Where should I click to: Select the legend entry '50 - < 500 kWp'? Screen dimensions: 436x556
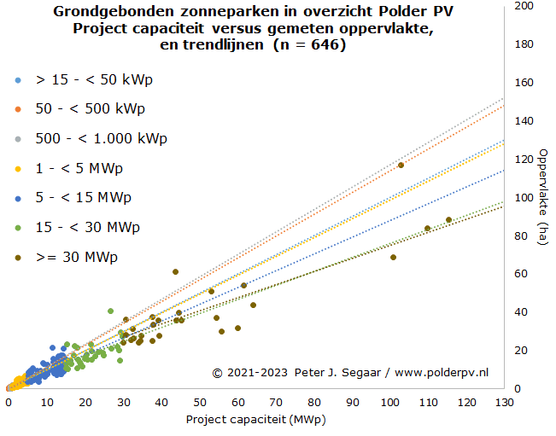[90, 109]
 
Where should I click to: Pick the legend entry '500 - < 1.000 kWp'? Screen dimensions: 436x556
[101, 138]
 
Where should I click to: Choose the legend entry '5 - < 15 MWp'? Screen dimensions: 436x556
[83, 197]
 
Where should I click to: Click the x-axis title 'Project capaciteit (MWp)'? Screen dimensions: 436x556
[256, 420]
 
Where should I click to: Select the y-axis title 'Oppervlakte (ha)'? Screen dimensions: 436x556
[542, 197]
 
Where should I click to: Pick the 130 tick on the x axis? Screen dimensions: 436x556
[505, 402]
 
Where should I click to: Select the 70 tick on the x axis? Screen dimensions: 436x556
[275, 402]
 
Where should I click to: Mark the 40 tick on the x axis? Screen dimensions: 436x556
[161, 402]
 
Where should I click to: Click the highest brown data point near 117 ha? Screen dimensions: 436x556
[401, 165]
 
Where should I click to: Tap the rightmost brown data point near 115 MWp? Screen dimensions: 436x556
[448, 220]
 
